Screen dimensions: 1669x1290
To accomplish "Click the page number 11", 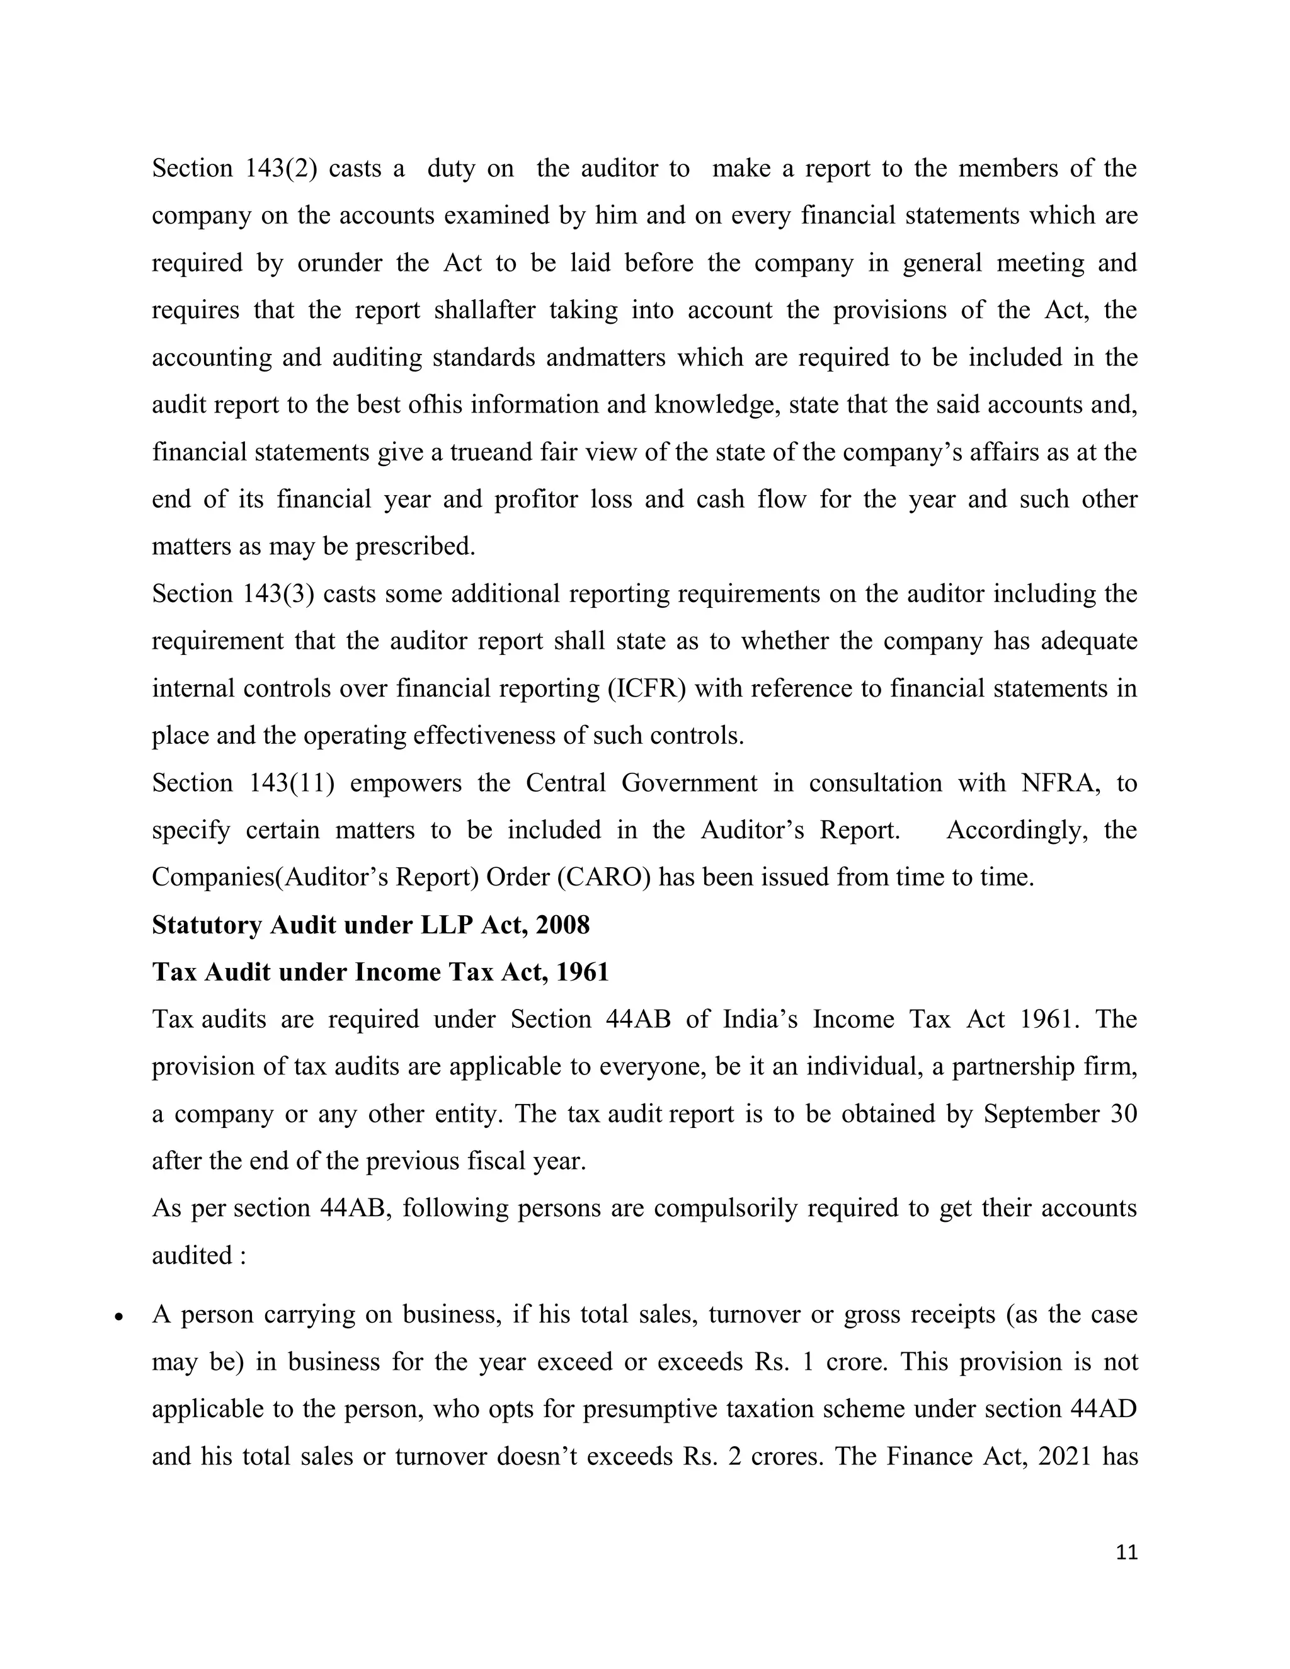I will tap(1126, 1552).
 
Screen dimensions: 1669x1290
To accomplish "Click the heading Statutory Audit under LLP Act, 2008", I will tap(370, 925).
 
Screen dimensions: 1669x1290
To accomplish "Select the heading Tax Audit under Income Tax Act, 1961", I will tap(380, 972).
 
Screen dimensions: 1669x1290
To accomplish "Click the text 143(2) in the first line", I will tap(280, 168).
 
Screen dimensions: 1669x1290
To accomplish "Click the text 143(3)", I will tap(279, 594).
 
